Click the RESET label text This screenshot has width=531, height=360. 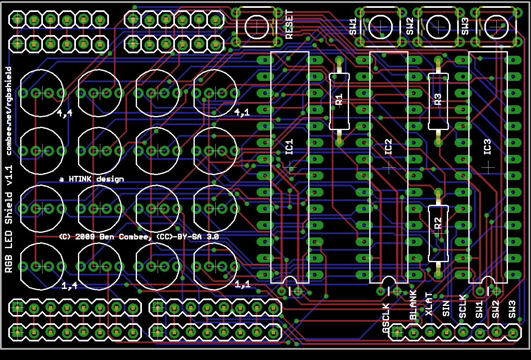click(x=289, y=25)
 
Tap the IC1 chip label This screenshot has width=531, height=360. click(x=289, y=147)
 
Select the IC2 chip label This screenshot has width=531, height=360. click(x=388, y=147)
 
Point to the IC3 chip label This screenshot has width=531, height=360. click(x=487, y=147)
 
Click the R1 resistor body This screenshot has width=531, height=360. click(x=339, y=101)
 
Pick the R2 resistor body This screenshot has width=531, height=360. click(x=438, y=233)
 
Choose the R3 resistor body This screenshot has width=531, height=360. click(x=438, y=101)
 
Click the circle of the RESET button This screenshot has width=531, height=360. click(x=257, y=26)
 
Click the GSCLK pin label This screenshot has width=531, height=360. click(x=386, y=318)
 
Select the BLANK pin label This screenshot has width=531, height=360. click(x=413, y=305)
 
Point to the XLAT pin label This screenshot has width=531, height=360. click(x=430, y=304)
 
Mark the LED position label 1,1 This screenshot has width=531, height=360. click(x=242, y=284)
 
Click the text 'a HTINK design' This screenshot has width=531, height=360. click(x=91, y=179)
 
